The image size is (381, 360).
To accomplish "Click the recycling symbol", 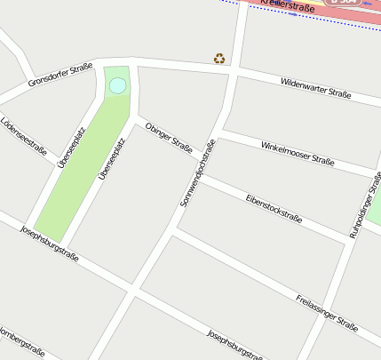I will click(219, 59).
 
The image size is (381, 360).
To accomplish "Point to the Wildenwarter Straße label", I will click(315, 87).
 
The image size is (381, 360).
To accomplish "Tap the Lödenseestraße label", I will click(24, 136).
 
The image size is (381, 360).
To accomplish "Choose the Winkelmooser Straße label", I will click(298, 153).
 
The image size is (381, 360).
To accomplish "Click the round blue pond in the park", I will click(117, 86).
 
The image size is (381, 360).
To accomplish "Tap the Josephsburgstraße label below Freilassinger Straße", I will click(234, 346).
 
